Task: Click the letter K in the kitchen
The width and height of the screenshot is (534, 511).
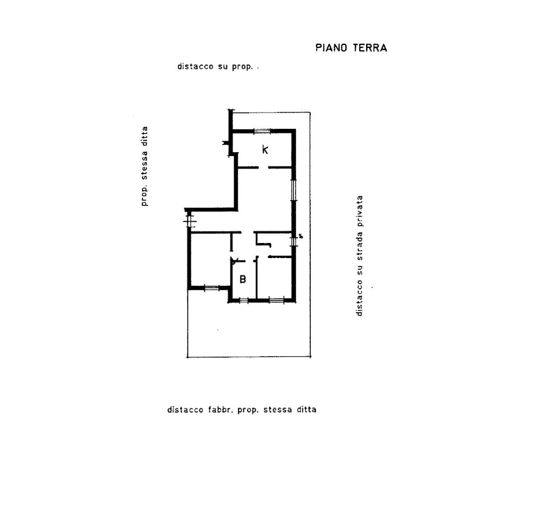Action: pyautogui.click(x=265, y=149)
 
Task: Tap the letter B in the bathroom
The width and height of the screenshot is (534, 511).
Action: pyautogui.click(x=243, y=279)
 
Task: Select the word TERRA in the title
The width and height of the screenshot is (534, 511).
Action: pyautogui.click(x=370, y=47)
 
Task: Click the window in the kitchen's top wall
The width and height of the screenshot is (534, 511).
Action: pyautogui.click(x=262, y=131)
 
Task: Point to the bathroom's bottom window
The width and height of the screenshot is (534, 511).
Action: pyautogui.click(x=243, y=300)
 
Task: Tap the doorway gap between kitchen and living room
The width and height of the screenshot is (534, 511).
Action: pyautogui.click(x=263, y=167)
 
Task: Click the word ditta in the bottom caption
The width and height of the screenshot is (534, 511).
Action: pyautogui.click(x=307, y=409)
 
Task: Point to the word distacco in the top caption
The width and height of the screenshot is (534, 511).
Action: pyautogui.click(x=195, y=66)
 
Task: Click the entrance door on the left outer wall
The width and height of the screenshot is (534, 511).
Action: pyautogui.click(x=189, y=220)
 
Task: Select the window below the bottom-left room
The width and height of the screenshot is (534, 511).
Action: pyautogui.click(x=212, y=288)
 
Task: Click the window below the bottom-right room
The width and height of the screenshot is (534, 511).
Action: pyautogui.click(x=276, y=300)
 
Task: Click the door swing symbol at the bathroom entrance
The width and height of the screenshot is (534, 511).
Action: pyautogui.click(x=234, y=261)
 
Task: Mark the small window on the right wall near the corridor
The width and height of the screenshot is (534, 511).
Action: pyautogui.click(x=293, y=242)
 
